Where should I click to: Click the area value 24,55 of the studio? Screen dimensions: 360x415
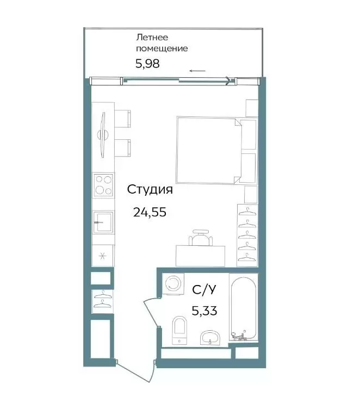pos(150,212)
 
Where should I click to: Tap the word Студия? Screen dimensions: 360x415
pos(150,189)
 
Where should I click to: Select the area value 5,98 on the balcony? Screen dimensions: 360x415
pos(147,64)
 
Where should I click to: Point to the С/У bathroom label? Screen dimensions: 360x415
pos(204,290)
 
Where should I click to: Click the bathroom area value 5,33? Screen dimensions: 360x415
pos(204,311)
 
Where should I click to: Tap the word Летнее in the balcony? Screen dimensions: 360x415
pos(152,38)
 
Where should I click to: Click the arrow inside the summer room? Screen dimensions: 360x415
pos(197,71)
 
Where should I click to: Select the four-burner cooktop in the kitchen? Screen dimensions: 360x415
pos(103,185)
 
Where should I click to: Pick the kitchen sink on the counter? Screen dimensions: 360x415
pos(103,222)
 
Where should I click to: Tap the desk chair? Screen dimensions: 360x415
pos(200,237)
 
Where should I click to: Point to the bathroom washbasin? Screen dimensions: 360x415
pos(210,338)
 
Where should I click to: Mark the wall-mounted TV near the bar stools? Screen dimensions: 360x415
pos(103,135)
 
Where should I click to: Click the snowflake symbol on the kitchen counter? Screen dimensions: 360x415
pos(102,256)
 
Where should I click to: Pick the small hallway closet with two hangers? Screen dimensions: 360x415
pos(102,302)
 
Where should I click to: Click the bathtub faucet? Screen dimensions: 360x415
pos(240,336)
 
